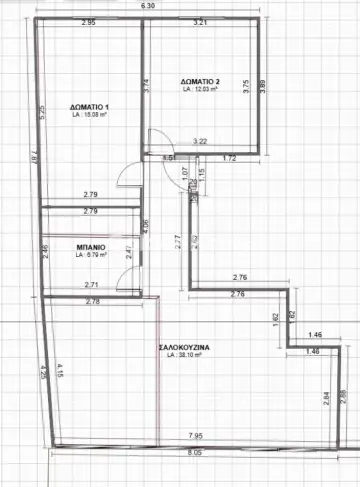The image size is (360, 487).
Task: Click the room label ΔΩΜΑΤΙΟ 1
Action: (x=91, y=107)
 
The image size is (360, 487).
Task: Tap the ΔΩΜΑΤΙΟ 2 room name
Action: (x=201, y=81)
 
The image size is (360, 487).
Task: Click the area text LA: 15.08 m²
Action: (x=91, y=117)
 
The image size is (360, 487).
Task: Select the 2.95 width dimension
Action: (x=87, y=21)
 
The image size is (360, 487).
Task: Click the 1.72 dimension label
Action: (x=228, y=158)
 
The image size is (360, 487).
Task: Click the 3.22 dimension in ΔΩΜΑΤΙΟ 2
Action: (x=200, y=141)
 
